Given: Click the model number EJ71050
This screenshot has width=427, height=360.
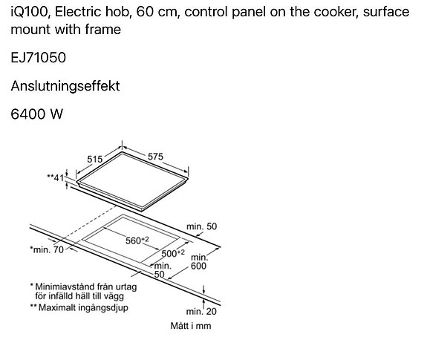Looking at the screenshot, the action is (38, 58).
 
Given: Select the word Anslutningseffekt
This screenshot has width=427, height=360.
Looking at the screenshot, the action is (65, 86).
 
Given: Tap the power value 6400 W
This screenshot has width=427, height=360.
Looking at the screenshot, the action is (37, 114).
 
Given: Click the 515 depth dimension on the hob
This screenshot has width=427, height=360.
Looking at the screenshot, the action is (95, 159).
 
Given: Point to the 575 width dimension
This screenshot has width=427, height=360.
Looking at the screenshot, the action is (155, 157).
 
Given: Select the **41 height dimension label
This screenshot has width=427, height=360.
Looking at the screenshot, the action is (56, 177).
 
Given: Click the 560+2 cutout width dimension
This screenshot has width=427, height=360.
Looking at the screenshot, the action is (137, 240).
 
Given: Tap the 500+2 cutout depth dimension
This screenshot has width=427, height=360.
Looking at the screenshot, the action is (173, 253).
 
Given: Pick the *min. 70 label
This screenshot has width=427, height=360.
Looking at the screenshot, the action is (47, 249).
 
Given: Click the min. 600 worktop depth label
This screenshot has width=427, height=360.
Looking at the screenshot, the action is (199, 262).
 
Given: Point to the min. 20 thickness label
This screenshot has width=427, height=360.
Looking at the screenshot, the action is (201, 311).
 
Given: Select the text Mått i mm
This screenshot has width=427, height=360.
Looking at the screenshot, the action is (191, 326).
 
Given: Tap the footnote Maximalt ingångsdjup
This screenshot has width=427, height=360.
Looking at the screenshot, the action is (83, 307).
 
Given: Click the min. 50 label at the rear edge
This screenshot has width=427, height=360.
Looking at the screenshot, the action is (201, 226).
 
